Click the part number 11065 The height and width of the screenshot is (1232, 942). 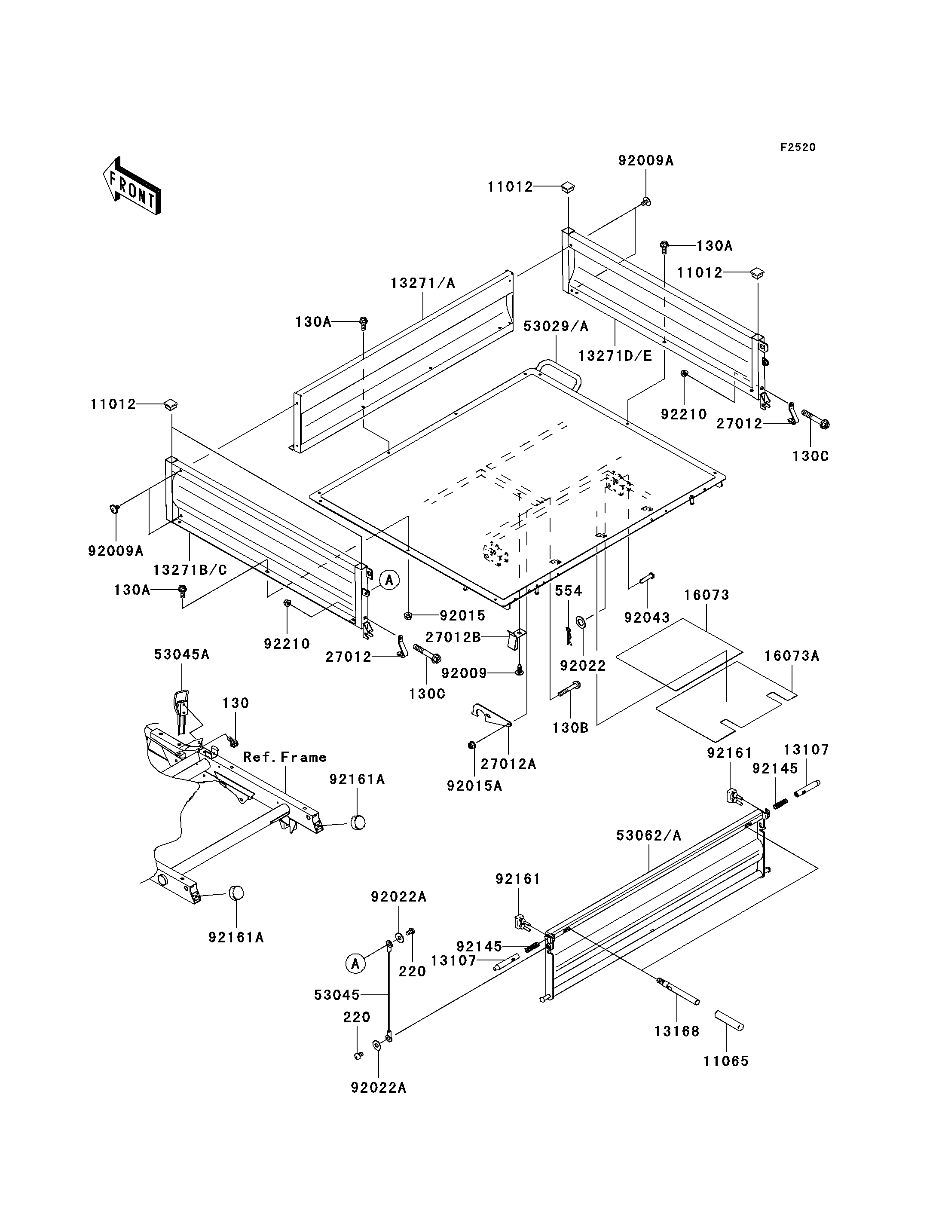pos(726,1061)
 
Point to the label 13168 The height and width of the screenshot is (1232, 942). pos(677,1031)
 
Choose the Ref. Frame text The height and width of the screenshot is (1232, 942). pos(285,758)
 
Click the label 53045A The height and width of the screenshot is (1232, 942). pos(182,654)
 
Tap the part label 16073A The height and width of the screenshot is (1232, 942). pos(792,656)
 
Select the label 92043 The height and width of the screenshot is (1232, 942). pos(647,618)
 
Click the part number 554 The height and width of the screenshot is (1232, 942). pos(569,590)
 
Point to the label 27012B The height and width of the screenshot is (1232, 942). pos(453,638)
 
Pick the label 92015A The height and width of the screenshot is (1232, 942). pos(474,786)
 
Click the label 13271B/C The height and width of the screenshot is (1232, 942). pos(190,570)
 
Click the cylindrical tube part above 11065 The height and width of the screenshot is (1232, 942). pos(729,1021)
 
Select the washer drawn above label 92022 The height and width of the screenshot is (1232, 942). pos(581,621)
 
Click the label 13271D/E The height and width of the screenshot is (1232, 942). pos(615,356)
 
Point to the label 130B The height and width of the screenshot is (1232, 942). pos(570,728)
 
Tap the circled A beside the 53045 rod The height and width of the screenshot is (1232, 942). pos(355,964)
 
